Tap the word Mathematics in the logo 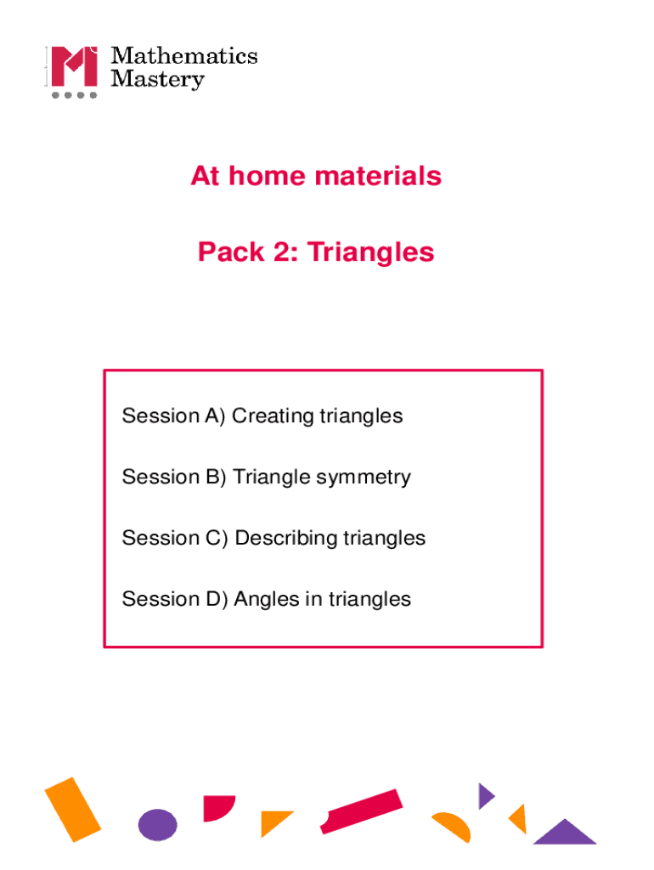(184, 56)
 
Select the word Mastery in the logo (158, 81)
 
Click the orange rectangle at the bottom (73, 809)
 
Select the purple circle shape (157, 824)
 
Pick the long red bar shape (361, 811)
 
